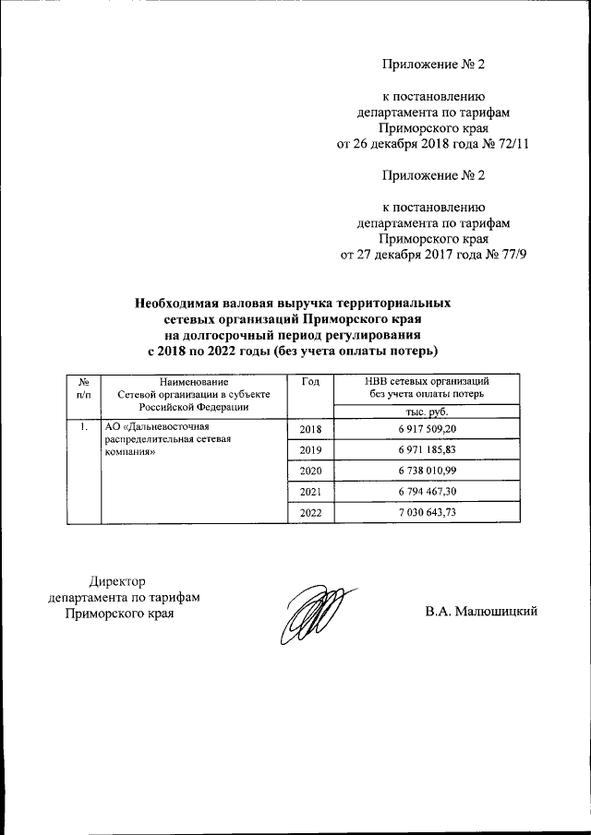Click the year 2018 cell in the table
(x=310, y=430)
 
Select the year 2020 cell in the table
(x=310, y=471)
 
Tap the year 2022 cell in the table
(x=310, y=513)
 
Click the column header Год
(x=310, y=381)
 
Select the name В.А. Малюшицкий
(x=481, y=612)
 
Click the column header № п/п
(x=84, y=388)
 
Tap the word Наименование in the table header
(x=193, y=381)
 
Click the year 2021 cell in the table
(x=310, y=493)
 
